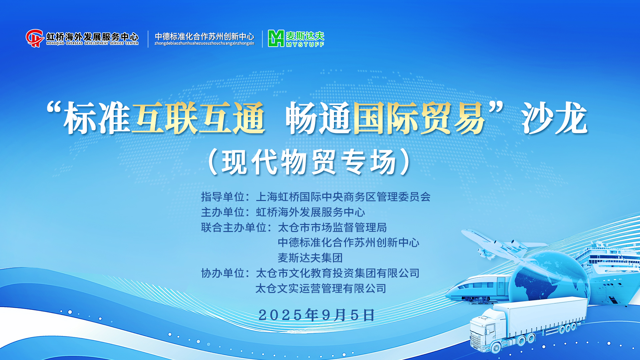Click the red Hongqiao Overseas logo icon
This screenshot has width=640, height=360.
tap(35, 38)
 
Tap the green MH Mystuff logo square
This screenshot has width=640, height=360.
tap(276, 38)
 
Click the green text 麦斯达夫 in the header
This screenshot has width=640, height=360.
tap(305, 36)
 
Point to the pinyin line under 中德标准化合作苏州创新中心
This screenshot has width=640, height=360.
tap(204, 43)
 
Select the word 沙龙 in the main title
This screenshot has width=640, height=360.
tap(555, 118)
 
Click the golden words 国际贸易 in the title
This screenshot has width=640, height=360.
tap(419, 118)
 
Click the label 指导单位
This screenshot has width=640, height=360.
tap(223, 197)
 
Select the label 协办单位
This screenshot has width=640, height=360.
tap(223, 273)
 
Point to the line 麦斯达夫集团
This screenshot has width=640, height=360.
tap(310, 258)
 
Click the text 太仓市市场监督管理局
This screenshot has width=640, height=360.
tap(332, 227)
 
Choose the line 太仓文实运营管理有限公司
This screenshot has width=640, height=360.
tap(321, 288)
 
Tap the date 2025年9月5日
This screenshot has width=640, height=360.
tap(317, 315)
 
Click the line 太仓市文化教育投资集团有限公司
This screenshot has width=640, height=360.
tap(337, 273)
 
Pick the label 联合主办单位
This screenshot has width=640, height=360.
tap(234, 227)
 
